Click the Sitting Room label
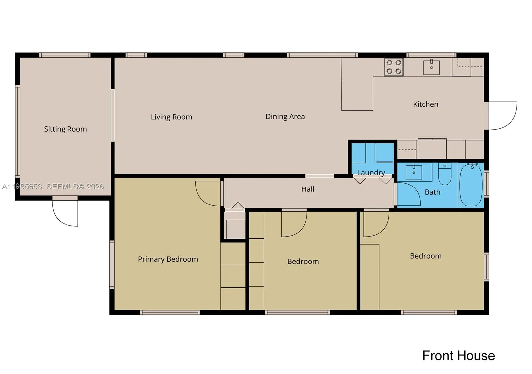(65, 129)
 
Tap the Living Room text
(171, 117)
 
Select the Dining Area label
(285, 117)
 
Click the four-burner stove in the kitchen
(394, 67)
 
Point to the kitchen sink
(431, 67)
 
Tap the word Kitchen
(425, 104)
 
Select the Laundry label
(371, 173)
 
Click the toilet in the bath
(445, 174)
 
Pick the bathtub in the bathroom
(471, 185)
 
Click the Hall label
(308, 189)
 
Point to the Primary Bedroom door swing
(208, 193)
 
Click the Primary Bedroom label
(168, 259)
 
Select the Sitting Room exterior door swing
(66, 213)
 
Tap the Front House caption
(458, 356)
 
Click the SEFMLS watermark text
(75, 187)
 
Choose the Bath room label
(432, 192)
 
